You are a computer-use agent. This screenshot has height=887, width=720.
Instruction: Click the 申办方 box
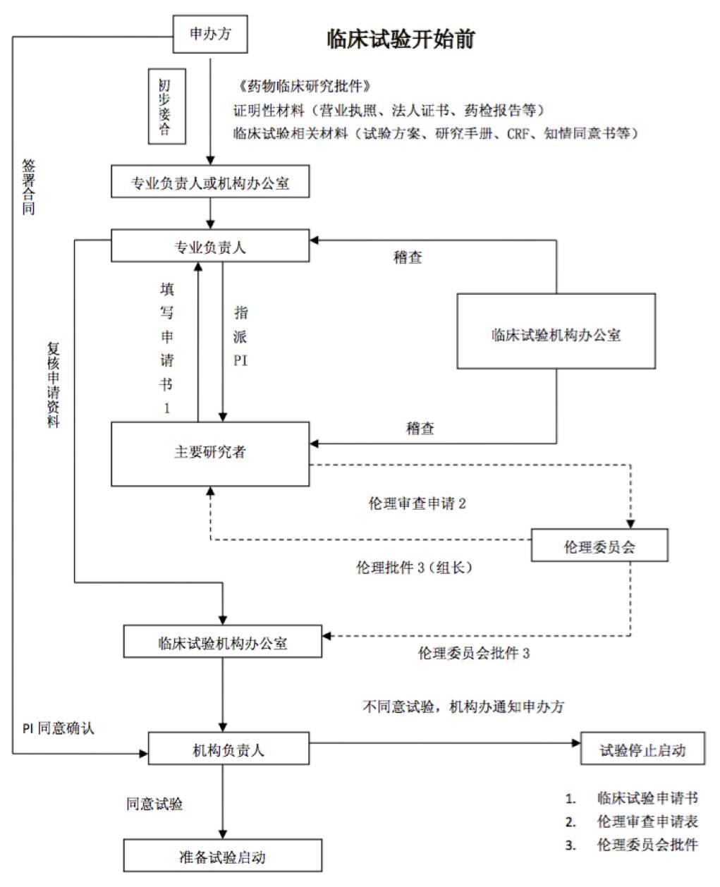[x=210, y=35]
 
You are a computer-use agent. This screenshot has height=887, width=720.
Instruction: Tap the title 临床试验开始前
[x=401, y=39]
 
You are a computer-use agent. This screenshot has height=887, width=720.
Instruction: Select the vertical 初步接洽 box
[x=166, y=106]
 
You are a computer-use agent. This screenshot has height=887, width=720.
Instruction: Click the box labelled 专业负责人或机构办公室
[x=210, y=183]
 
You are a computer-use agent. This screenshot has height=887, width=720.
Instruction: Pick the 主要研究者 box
[x=210, y=453]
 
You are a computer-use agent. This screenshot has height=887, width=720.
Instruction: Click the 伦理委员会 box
[x=599, y=546]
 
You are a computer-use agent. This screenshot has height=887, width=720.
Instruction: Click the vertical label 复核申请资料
[x=54, y=385]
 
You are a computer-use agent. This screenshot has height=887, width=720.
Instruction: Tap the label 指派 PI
[x=240, y=337]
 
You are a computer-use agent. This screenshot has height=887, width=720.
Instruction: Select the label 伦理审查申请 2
[x=417, y=504]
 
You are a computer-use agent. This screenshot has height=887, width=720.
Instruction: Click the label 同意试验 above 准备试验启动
[x=154, y=804]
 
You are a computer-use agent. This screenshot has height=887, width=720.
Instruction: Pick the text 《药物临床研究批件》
[x=305, y=87]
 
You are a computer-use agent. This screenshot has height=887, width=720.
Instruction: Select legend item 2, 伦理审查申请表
[x=647, y=821]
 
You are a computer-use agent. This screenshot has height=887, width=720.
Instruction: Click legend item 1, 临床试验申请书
[x=647, y=798]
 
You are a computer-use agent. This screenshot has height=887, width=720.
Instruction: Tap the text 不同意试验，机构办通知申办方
[x=463, y=706]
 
